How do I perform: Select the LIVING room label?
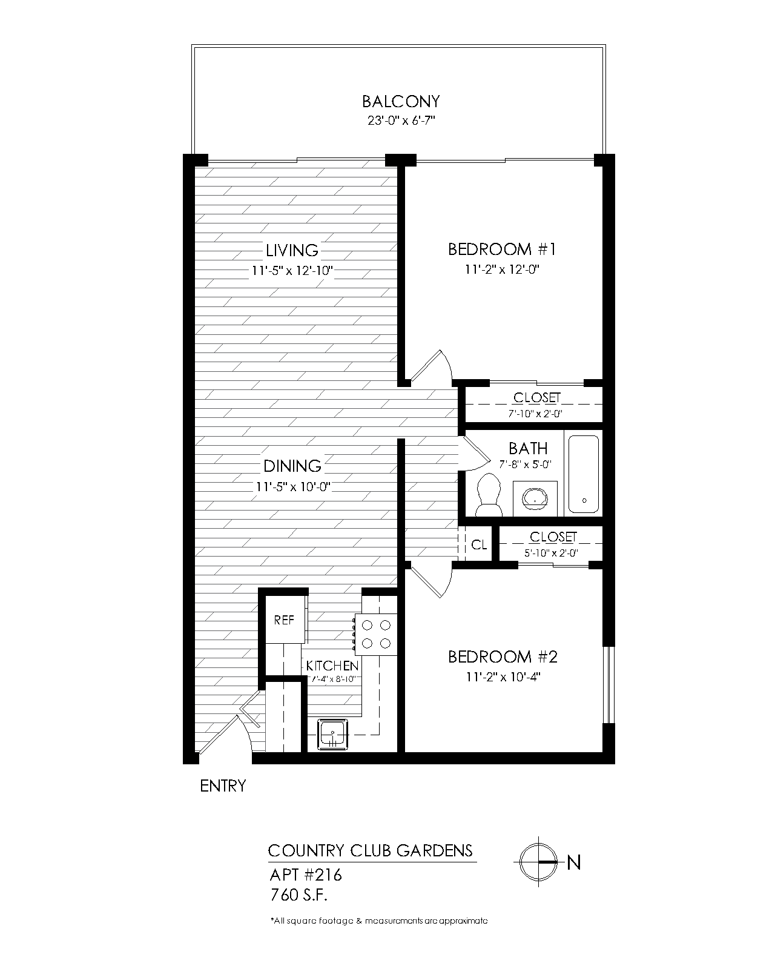click(292, 250)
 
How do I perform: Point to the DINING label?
click(292, 466)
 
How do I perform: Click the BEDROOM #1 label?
click(502, 249)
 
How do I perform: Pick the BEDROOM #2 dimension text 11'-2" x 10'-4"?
click(503, 677)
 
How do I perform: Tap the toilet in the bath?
click(489, 495)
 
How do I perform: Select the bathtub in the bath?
click(584, 474)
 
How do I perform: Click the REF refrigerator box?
click(284, 620)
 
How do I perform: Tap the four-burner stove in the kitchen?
click(375, 634)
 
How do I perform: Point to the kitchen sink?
click(332, 734)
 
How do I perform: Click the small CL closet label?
click(479, 545)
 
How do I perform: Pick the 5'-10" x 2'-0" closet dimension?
click(552, 552)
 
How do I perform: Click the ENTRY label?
click(223, 786)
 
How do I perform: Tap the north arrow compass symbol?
click(537, 861)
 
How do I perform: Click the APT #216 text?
click(305, 875)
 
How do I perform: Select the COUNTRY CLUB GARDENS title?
click(370, 850)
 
